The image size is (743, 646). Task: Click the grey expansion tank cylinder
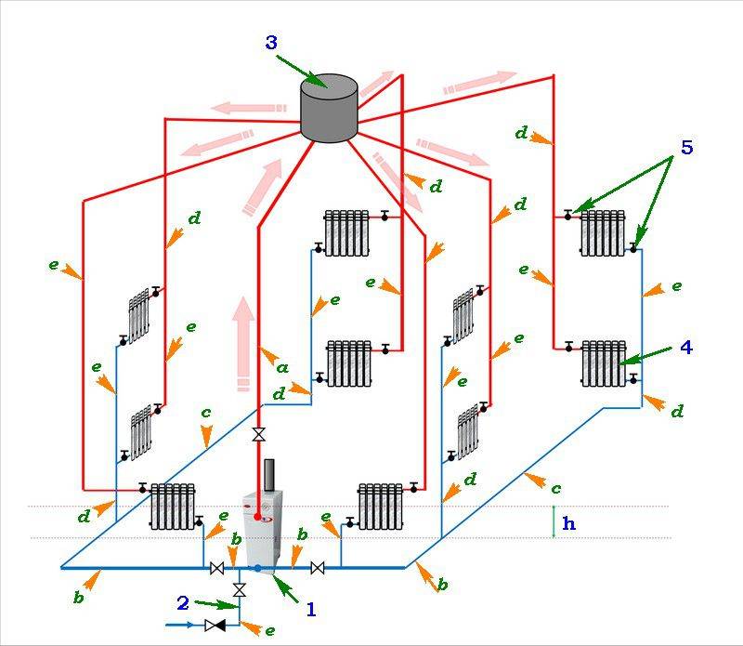pos(329,110)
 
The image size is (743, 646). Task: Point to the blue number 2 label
pos(183,602)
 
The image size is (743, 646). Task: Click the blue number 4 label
pos(685,347)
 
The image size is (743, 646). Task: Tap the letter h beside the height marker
pos(568,523)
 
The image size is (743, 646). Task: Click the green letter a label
pos(281,367)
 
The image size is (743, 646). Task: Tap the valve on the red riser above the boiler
pos(257,434)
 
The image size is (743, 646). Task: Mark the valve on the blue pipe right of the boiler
pos(317,568)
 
